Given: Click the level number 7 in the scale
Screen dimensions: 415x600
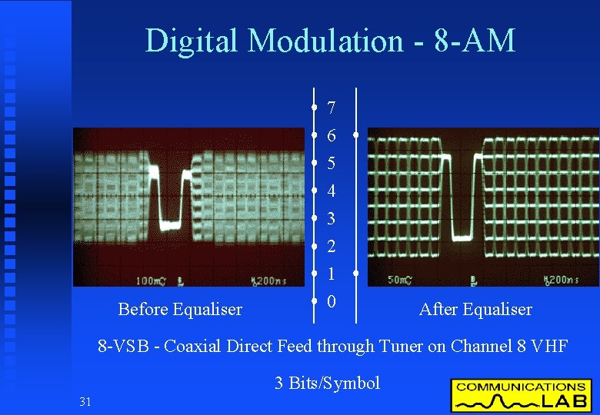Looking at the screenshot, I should (x=331, y=108).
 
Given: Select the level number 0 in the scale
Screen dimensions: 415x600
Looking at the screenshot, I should (x=331, y=302).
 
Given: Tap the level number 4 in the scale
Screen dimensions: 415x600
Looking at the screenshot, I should (x=331, y=191).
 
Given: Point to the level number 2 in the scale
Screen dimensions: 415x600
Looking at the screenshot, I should (x=331, y=247).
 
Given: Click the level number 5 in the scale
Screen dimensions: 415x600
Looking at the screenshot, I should (x=331, y=164).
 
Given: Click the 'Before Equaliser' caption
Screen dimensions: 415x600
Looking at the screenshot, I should (x=180, y=310).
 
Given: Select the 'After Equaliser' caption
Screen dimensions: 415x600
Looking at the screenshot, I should (x=475, y=310).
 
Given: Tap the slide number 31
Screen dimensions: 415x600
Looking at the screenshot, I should (x=85, y=400).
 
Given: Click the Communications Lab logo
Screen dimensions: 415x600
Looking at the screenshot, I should (x=522, y=395).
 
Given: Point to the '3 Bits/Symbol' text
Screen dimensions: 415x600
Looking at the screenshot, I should (x=328, y=383).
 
